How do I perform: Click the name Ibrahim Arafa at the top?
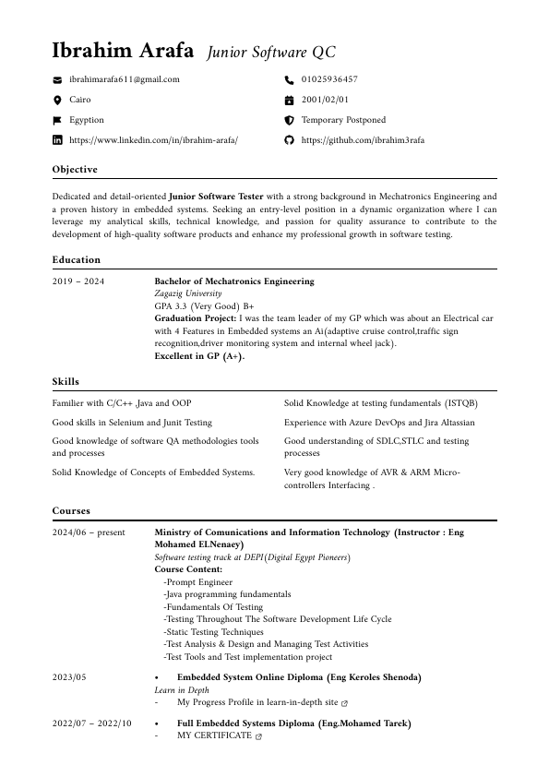(123, 50)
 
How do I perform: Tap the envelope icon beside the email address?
(57, 80)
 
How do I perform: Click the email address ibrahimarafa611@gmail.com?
(124, 80)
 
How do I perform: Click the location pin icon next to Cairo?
(57, 100)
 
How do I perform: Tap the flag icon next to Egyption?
(57, 120)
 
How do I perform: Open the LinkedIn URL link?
(153, 140)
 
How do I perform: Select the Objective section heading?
(75, 170)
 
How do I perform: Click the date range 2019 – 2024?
(78, 281)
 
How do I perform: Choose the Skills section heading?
(66, 382)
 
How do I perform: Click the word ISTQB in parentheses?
(461, 403)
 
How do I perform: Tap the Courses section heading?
(71, 510)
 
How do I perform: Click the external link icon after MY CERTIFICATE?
(258, 736)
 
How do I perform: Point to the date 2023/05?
(69, 677)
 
